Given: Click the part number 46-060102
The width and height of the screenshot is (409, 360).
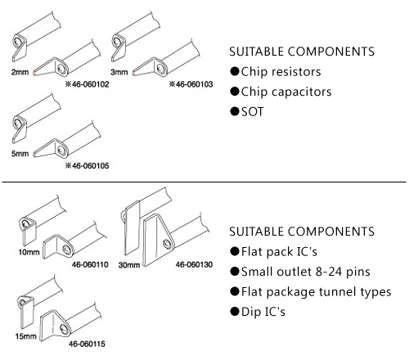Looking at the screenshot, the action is point(90,84).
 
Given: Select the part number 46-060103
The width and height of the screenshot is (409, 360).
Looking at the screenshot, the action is point(194,84).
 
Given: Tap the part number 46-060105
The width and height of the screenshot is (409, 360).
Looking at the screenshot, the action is point(90,165).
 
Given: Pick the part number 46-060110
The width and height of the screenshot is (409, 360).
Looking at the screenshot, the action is point(90,264).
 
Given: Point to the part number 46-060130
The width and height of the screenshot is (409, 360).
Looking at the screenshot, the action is point(194,264).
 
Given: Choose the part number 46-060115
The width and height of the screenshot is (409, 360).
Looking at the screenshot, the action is point(87,344).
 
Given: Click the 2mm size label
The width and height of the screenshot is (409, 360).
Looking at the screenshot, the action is point(20,72).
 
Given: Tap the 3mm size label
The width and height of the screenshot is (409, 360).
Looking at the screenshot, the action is point(119,72).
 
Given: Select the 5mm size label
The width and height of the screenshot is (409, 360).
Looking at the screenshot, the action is point(20,154).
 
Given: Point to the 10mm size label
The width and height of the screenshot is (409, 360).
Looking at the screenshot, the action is point(29,252).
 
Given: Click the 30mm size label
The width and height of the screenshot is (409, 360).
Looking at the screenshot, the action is point(129,265).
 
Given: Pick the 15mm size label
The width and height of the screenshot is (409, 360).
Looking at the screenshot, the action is point(26,336).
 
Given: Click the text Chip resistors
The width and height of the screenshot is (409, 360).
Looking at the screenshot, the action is point(281,72).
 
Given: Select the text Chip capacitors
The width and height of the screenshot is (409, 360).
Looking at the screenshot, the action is point(286,92).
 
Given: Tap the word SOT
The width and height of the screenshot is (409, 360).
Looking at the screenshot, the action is point(253,112).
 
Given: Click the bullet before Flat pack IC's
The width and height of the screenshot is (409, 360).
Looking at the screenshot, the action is point(235,251).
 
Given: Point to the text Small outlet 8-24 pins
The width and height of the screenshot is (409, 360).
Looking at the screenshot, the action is point(306,272).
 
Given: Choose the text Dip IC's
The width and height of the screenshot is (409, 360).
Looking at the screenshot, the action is point(263,312).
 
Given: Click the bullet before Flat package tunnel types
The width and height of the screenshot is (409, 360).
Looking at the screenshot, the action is point(235,291).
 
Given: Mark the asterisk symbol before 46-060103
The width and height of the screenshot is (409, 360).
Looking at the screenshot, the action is point(172,84).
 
